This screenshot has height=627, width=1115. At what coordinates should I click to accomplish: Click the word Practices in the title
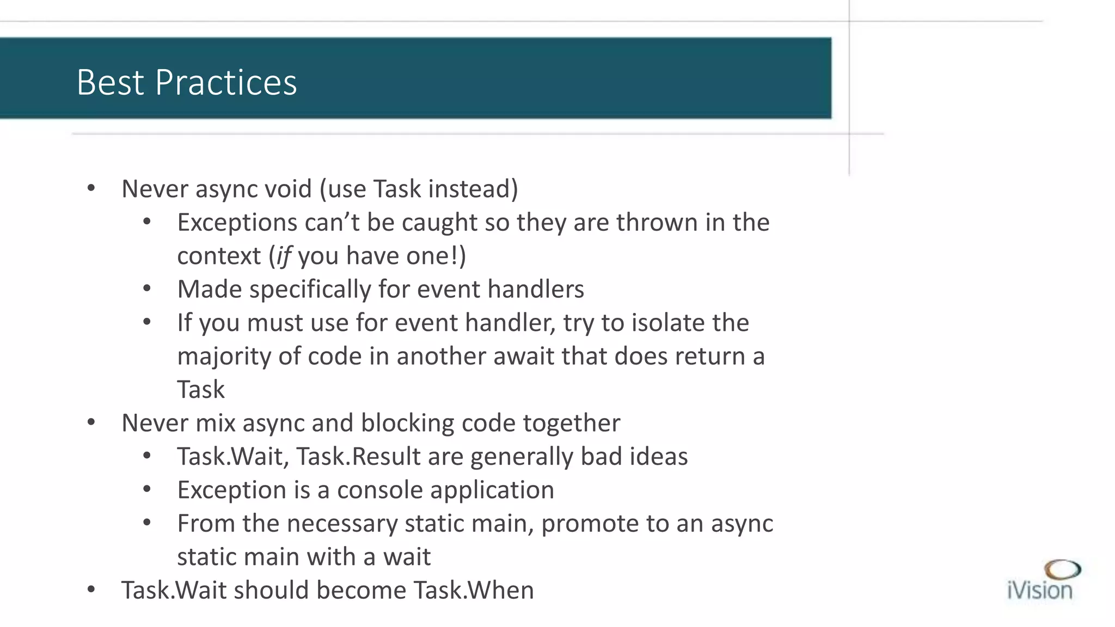(226, 83)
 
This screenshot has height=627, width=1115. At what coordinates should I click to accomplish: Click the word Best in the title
(110, 83)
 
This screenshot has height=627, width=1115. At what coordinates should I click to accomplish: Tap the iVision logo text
(1039, 591)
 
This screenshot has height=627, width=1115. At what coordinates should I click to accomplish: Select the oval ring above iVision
(1062, 570)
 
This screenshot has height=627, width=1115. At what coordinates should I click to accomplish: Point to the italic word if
(284, 256)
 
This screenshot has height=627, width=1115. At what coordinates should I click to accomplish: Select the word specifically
(310, 290)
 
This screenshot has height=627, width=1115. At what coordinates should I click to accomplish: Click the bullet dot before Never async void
(91, 189)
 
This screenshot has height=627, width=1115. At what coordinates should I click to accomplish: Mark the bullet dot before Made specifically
(147, 289)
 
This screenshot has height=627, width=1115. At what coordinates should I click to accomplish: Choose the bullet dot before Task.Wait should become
(91, 590)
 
